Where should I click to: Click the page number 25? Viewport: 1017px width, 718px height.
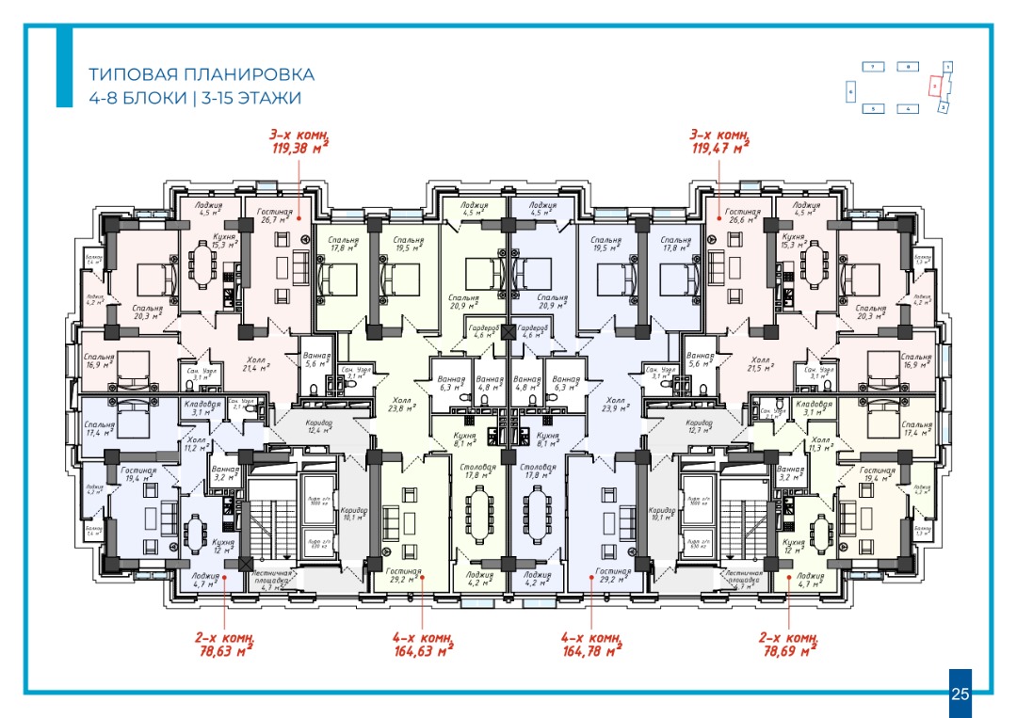(960, 694)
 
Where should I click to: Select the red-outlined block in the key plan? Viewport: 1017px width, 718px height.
(933, 85)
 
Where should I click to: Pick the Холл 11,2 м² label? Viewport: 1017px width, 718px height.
(196, 444)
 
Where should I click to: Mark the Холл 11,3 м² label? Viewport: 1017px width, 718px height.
(819, 444)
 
